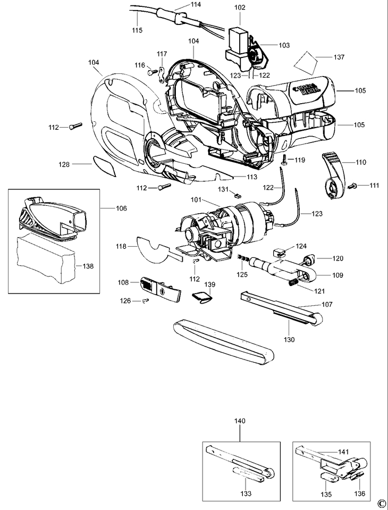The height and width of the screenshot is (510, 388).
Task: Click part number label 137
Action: [x=339, y=57]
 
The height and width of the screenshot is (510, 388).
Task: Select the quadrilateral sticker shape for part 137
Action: [x=306, y=63]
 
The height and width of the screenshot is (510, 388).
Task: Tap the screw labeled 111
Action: [x=352, y=186]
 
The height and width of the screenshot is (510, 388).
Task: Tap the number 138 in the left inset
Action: [x=88, y=266]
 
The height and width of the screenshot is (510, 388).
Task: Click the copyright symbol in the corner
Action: [x=382, y=504]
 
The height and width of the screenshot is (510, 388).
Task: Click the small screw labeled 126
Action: [x=145, y=301]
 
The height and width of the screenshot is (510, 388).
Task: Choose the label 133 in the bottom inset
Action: [x=246, y=494]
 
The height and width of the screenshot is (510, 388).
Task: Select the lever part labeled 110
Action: [x=333, y=175]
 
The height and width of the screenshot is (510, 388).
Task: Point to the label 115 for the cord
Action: [x=137, y=30]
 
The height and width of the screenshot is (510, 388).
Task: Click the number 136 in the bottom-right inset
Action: [x=359, y=494]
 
